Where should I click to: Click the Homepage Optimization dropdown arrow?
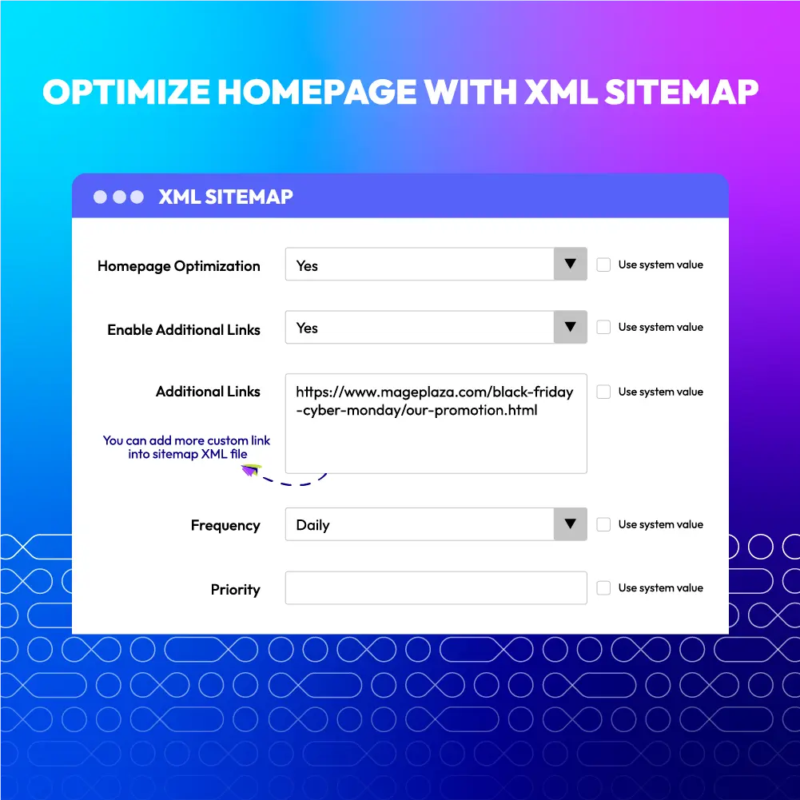click(570, 264)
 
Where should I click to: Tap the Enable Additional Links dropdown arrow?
click(570, 327)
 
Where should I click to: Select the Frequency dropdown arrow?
click(570, 523)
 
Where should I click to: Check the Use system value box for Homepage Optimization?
click(603, 265)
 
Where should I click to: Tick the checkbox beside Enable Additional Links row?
click(603, 327)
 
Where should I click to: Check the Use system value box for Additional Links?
click(603, 392)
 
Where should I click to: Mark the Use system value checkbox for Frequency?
click(603, 524)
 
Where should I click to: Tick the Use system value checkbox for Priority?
click(603, 587)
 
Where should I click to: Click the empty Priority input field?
click(436, 587)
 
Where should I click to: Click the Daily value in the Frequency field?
click(312, 525)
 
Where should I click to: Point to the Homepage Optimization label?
click(178, 266)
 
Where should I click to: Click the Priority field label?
click(235, 590)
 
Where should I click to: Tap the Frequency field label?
click(225, 526)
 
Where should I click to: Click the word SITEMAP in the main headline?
click(682, 92)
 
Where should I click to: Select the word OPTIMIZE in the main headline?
click(126, 92)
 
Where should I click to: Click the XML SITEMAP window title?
click(225, 197)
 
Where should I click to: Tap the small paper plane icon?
click(251, 470)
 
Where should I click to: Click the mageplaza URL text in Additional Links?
click(434, 401)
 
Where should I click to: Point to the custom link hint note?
click(186, 447)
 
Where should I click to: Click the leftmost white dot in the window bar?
click(100, 197)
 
